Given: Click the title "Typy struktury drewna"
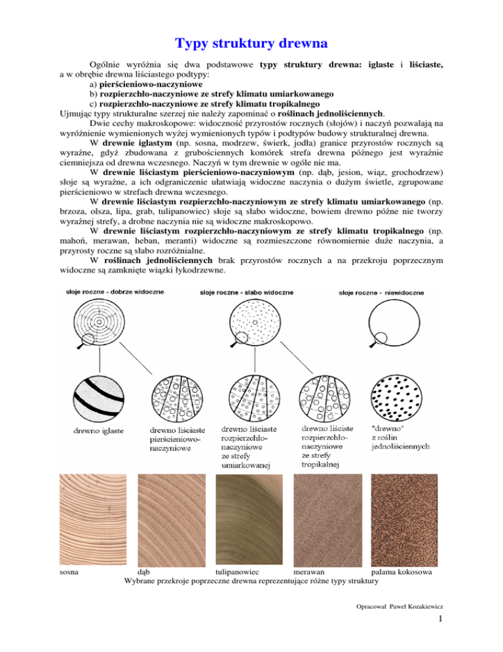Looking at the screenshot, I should [x=251, y=45].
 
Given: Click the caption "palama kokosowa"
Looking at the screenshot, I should [x=401, y=572].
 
